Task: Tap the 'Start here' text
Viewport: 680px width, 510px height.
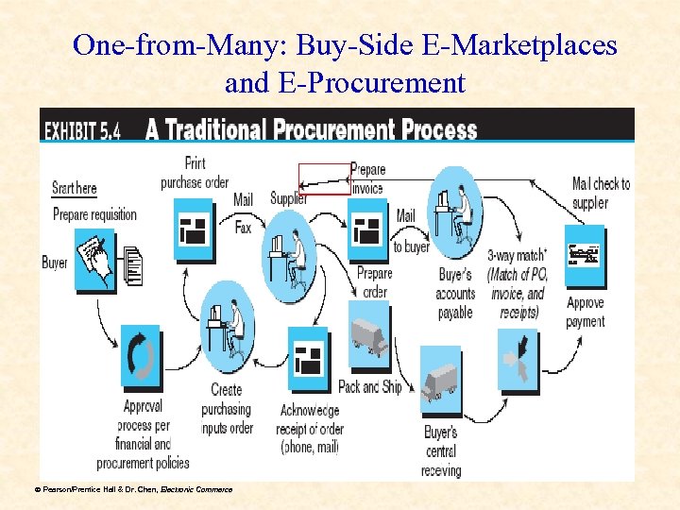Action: tap(75, 188)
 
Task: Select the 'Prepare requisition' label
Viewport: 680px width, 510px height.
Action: tap(94, 214)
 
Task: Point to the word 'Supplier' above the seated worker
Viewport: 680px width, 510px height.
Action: tap(289, 198)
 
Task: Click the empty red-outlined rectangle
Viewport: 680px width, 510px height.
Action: tap(324, 178)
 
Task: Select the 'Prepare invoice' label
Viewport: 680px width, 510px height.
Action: tap(367, 178)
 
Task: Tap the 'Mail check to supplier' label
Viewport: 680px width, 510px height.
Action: tap(601, 193)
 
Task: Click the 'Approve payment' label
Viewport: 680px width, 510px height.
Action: tap(586, 313)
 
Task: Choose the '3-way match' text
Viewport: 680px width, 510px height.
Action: tap(516, 255)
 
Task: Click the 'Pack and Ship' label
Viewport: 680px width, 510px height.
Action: tap(370, 387)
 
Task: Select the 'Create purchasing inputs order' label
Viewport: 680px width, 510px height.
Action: tap(227, 409)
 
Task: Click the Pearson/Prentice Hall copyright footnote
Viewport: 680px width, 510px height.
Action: tap(133, 488)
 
